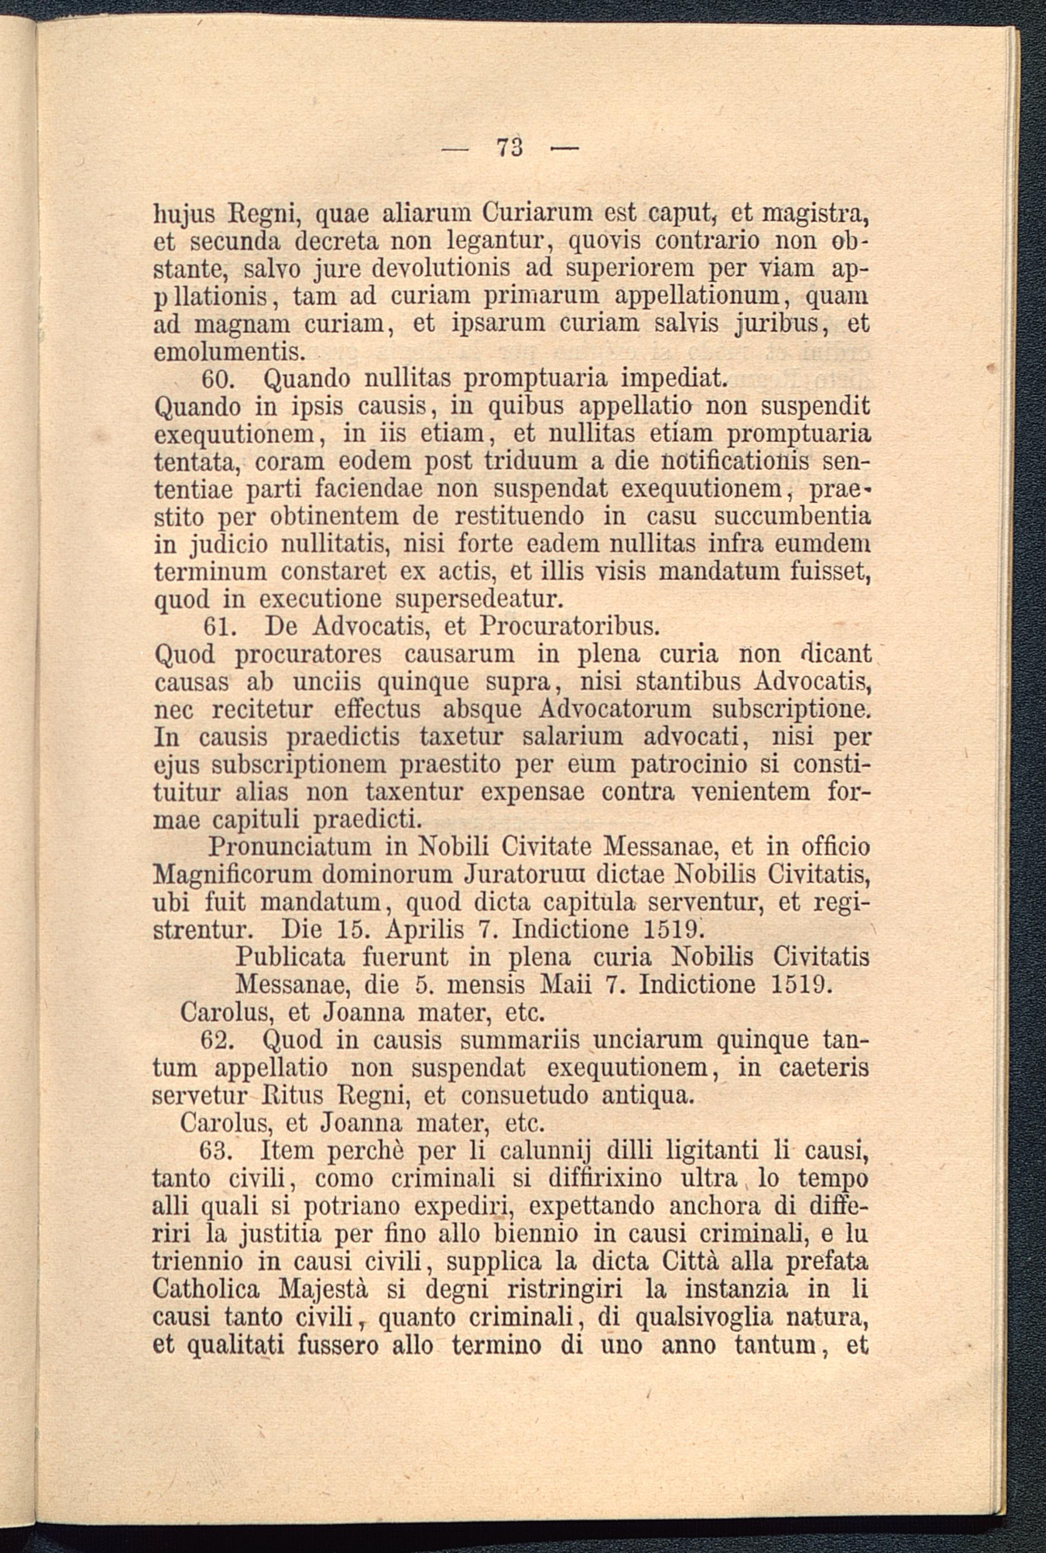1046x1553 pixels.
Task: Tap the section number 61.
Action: (218, 627)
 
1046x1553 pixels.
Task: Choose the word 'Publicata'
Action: (291, 958)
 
